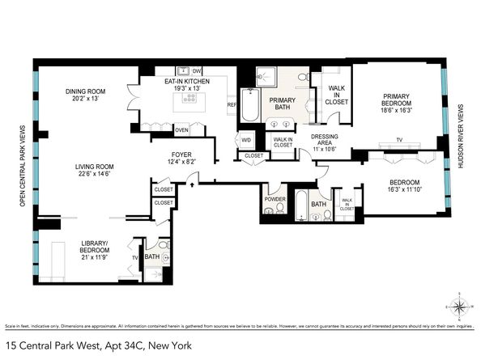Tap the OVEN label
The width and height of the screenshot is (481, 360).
181,129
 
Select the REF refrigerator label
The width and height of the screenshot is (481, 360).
232,104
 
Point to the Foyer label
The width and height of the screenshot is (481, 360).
181,154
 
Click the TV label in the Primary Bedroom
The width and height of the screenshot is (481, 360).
398,140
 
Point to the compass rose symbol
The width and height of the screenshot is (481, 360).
458,307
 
